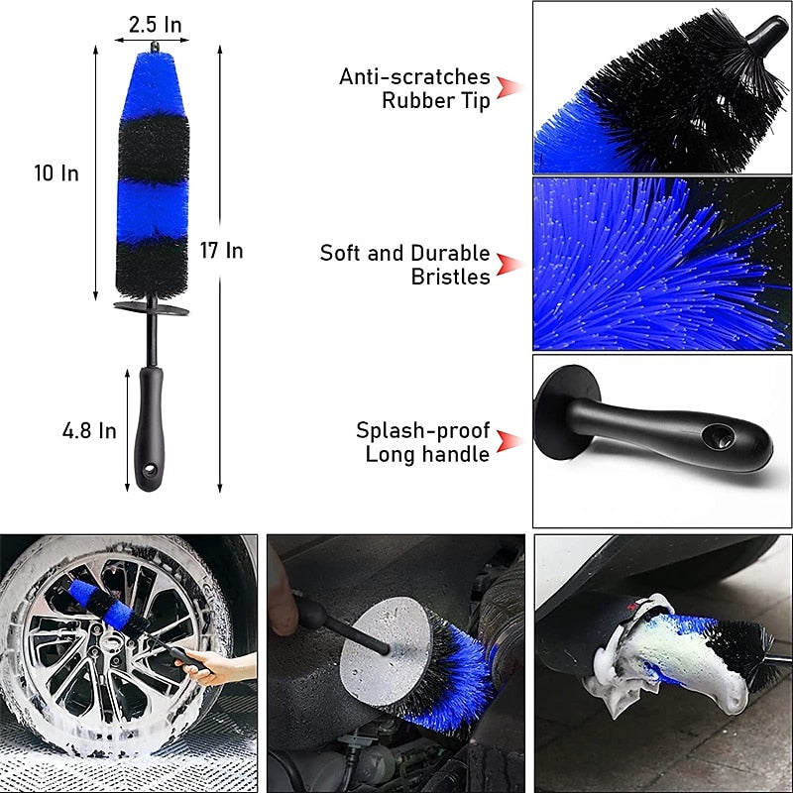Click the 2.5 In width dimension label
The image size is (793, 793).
155,23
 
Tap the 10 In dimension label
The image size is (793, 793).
57,173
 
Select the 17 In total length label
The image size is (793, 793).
221,251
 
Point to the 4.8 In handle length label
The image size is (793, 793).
89,431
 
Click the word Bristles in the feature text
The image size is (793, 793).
451,277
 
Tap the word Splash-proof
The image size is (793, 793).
423,430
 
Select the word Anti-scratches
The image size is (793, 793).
414,76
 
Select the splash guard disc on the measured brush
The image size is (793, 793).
151,308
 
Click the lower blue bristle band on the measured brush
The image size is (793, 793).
153,209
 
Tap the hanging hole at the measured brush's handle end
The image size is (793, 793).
151,472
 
